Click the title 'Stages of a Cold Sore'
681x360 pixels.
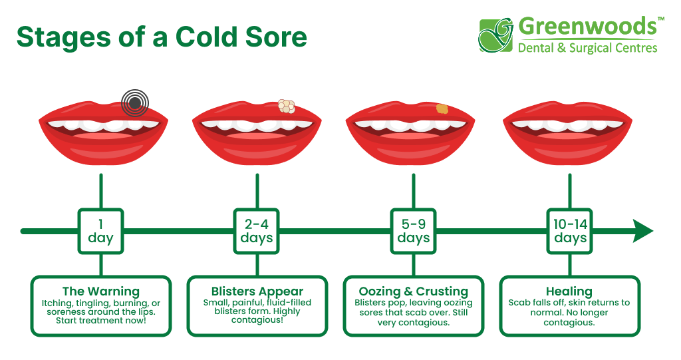coord(162,37)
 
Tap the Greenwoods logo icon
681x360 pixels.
coord(496,35)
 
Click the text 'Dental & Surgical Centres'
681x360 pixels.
coord(587,48)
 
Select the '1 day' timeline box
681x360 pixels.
coord(100,231)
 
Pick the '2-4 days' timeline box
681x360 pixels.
coord(257,231)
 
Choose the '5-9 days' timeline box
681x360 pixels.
coord(413,231)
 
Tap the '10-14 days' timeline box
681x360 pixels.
coord(570,231)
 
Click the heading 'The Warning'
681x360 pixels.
coord(100,291)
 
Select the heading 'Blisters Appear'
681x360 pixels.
coord(257,291)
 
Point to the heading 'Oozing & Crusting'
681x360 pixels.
coord(413,291)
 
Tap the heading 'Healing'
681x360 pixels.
coord(569,291)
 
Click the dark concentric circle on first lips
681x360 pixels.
coord(135,102)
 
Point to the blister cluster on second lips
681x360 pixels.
coord(286,106)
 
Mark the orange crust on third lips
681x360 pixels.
coord(442,108)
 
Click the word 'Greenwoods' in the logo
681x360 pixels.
coord(587,27)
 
